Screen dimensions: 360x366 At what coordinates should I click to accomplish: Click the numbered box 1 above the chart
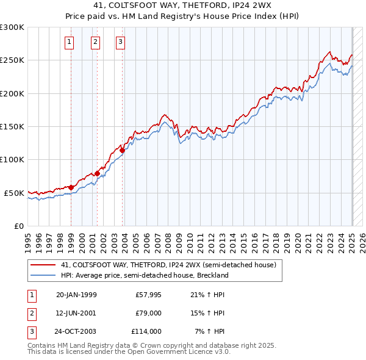tap(70, 42)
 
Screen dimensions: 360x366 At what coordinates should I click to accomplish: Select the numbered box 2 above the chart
tap(96, 42)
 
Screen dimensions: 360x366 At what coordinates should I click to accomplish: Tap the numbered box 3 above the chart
tap(121, 42)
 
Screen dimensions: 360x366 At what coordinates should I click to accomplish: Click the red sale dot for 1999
tap(71, 187)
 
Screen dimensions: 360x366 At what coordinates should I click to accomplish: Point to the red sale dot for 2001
tap(97, 173)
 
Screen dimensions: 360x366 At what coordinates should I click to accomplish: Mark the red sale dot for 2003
tap(123, 150)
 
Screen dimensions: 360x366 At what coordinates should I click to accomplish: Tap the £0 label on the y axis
tap(18, 226)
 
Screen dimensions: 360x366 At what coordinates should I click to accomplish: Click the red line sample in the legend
tap(43, 265)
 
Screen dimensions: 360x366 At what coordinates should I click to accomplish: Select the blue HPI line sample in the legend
tap(43, 275)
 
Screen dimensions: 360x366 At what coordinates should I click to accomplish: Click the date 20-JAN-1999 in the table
tap(76, 295)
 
